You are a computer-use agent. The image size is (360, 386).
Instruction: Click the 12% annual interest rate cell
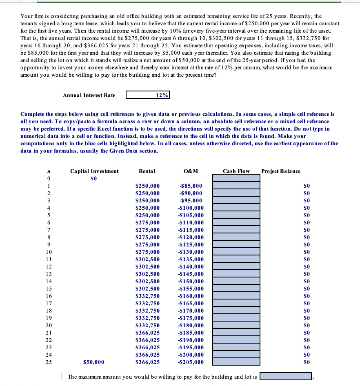147,95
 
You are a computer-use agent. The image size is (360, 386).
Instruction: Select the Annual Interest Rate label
89,95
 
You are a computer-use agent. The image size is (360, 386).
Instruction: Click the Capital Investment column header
94,171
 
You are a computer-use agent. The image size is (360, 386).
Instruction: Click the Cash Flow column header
236,171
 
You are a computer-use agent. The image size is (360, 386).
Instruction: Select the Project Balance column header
280,171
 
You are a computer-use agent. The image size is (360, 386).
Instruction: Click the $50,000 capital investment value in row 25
93,362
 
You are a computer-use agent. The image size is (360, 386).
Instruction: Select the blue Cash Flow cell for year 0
236,178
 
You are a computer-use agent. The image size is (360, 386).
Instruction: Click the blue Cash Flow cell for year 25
236,362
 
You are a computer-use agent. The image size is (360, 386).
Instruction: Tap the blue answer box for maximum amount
286,377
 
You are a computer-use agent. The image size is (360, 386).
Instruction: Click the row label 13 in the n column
49,274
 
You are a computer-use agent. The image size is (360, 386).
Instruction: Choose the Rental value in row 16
147,296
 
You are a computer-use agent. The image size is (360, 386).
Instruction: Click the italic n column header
49,171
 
